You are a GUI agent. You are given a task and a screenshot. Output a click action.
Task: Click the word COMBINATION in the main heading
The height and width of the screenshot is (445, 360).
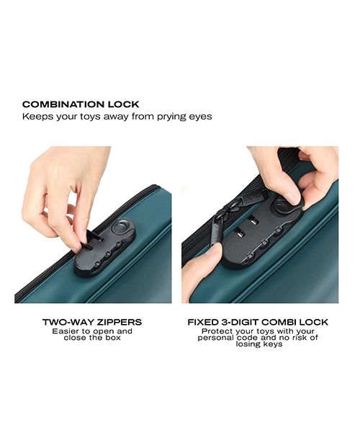pyautogui.click(x=62, y=104)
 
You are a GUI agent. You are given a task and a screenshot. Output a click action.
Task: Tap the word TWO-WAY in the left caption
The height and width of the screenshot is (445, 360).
pyautogui.click(x=68, y=322)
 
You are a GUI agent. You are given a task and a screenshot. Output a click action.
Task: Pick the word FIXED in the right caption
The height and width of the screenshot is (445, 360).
pyautogui.click(x=204, y=322)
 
